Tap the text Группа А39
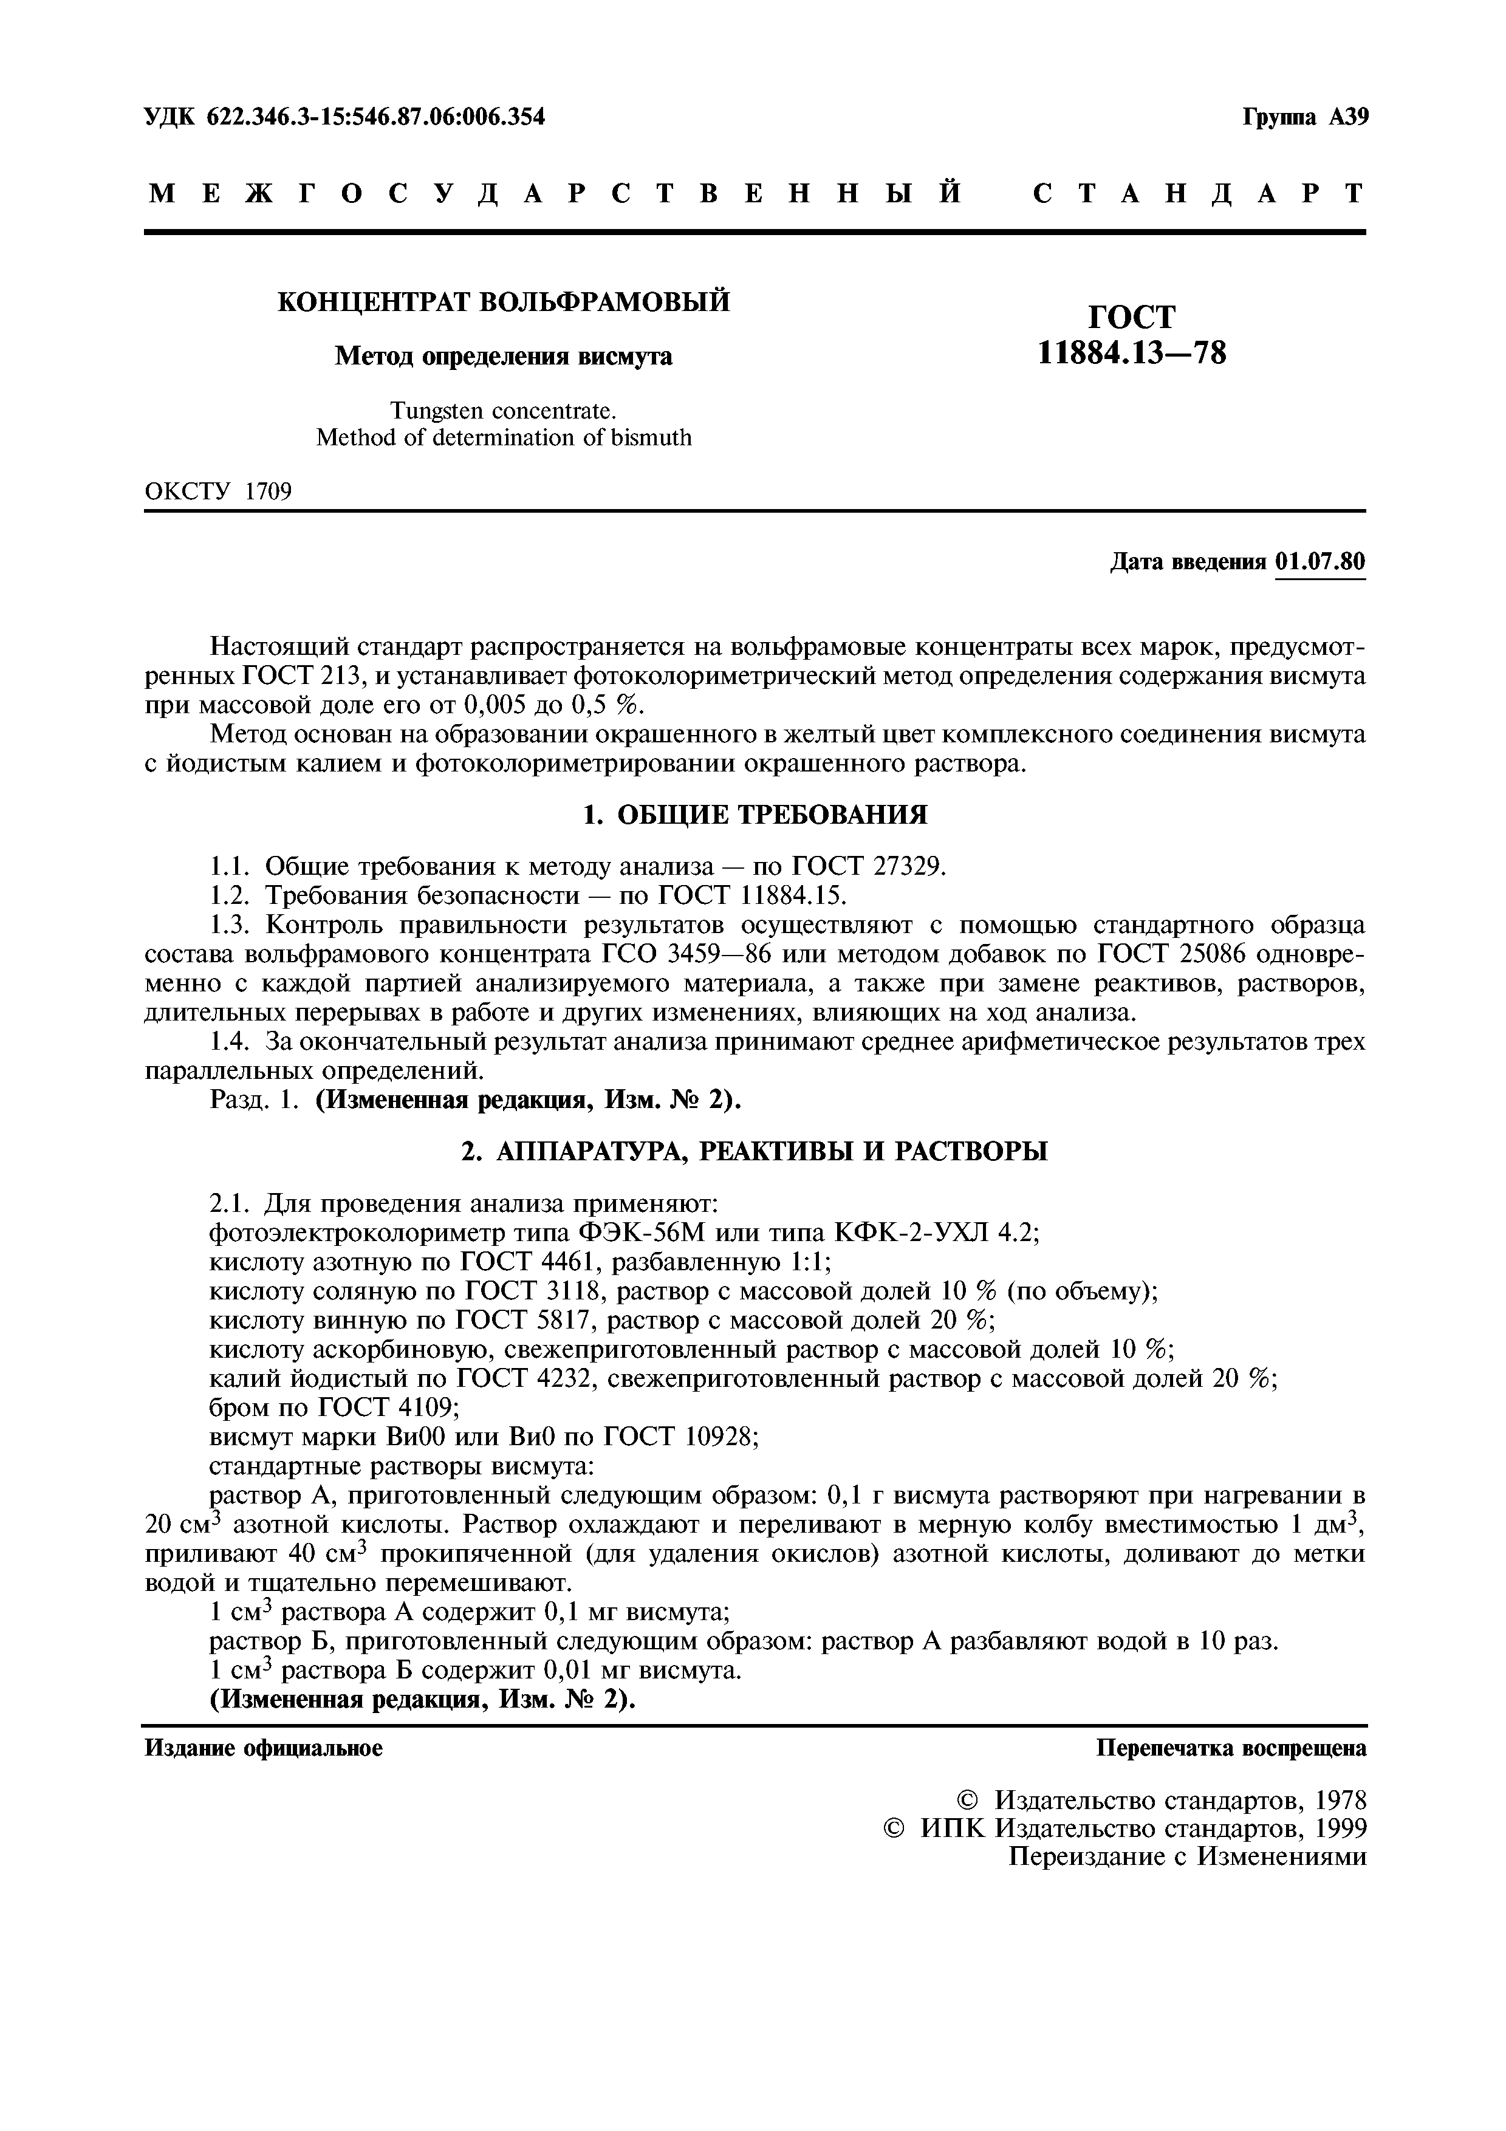(1305, 118)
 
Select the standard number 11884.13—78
(1131, 353)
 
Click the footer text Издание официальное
(264, 1749)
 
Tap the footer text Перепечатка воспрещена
(1231, 1749)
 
